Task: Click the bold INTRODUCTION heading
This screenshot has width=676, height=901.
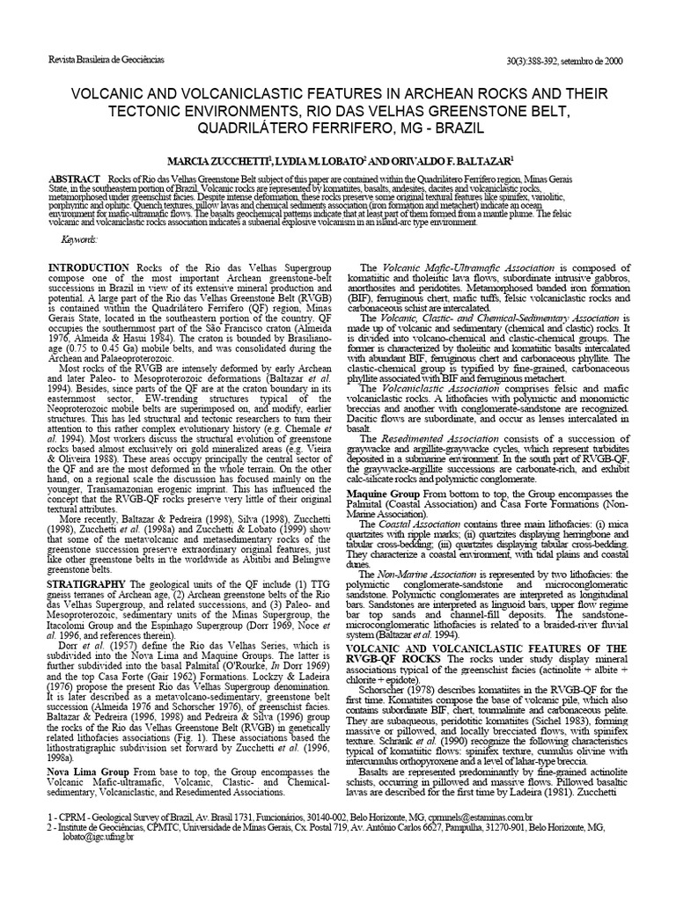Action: coord(87,267)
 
